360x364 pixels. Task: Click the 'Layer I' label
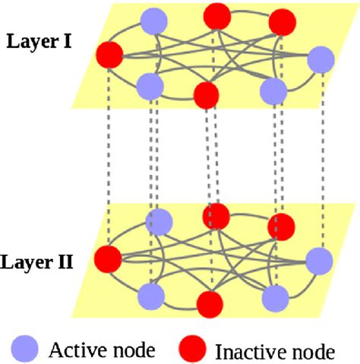pyautogui.click(x=39, y=40)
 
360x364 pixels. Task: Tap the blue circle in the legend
pyautogui.click(x=24, y=349)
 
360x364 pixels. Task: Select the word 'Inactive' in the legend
pyautogui.click(x=246, y=351)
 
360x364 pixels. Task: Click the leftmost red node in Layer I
pyautogui.click(x=109, y=55)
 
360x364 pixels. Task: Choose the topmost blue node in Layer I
pyautogui.click(x=155, y=18)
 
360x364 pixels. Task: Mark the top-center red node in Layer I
pyautogui.click(x=216, y=13)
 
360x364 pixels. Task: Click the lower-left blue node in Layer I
pyautogui.click(x=150, y=85)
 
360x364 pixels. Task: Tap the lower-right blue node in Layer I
pyautogui.click(x=272, y=90)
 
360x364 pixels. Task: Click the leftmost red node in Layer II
pyautogui.click(x=109, y=258)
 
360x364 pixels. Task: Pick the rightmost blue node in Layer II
pyautogui.click(x=319, y=261)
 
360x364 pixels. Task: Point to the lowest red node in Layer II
pyautogui.click(x=208, y=302)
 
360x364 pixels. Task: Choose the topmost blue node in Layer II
pyautogui.click(x=158, y=221)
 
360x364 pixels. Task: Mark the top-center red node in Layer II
pyautogui.click(x=216, y=216)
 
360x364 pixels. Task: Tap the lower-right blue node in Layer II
pyautogui.click(x=276, y=296)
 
